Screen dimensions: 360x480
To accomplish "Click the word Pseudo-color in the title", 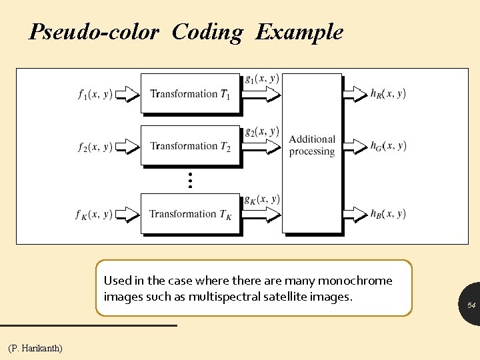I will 93,32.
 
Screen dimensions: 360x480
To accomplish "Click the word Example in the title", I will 299,32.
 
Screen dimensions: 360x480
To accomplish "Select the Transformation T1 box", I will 190,93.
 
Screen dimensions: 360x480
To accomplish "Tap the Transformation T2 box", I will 190,145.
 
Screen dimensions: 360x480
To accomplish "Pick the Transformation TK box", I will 190,214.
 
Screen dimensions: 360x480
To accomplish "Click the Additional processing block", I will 312,145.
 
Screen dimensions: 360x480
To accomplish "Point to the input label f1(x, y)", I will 95,94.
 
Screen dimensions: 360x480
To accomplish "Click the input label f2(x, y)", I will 95,146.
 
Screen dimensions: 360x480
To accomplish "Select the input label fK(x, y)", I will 94,215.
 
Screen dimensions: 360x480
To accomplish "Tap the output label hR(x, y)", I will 388,94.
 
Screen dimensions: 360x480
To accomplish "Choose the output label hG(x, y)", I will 388,146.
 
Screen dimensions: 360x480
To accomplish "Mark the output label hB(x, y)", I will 388,214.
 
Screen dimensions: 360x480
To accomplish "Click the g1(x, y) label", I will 262,79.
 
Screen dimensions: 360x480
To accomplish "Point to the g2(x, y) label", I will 262,131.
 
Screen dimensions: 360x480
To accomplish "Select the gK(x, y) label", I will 262,199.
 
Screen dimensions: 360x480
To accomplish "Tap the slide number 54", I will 471,305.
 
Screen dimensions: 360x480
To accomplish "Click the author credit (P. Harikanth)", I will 35,348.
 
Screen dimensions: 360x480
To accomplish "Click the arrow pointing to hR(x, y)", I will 355,94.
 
